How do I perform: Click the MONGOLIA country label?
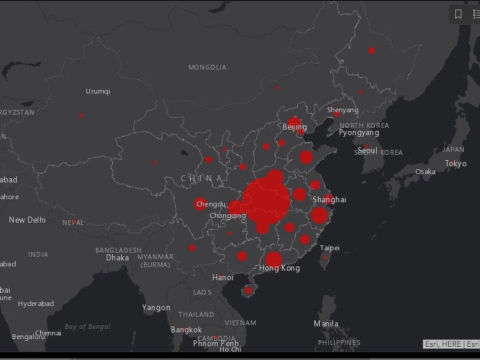pos(208,67)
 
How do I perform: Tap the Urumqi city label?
pos(98,91)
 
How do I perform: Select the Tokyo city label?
pos(455,164)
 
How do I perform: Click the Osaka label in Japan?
pos(425,172)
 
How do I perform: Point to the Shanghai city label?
pos(329,199)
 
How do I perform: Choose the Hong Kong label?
pos(279,268)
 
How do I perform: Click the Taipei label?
pos(329,248)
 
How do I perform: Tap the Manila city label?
pos(326,324)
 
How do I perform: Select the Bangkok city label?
pos(186,330)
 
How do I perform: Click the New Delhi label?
pos(27,220)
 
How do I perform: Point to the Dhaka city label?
pos(118,257)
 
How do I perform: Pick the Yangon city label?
pos(156,308)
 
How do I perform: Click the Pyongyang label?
pos(359,133)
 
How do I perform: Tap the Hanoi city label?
pos(223,278)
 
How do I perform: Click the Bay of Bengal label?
pos(88,326)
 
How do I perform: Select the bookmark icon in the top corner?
pos(458,14)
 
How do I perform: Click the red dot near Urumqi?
pos(82,115)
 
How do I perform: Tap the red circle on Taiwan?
pos(326,257)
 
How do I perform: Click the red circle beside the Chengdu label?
pos(201,204)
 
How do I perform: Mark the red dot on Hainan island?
pos(249,290)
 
